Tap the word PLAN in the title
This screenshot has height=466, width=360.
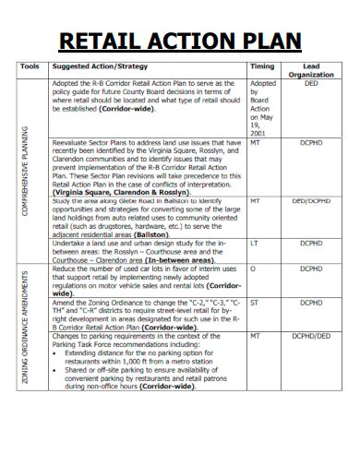(x=268, y=42)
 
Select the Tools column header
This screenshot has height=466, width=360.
(x=30, y=67)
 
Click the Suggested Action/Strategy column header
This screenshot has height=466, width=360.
(x=100, y=67)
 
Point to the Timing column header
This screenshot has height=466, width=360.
(x=262, y=67)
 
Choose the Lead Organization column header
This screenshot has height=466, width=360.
(x=310, y=71)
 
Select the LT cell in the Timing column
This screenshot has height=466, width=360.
(x=254, y=243)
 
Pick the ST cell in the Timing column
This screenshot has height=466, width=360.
(x=254, y=303)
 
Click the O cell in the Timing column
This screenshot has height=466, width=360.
(x=253, y=269)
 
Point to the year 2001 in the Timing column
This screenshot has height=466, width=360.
(x=258, y=134)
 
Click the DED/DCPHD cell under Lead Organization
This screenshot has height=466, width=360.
(x=310, y=200)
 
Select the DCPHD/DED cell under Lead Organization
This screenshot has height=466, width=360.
(x=310, y=336)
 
